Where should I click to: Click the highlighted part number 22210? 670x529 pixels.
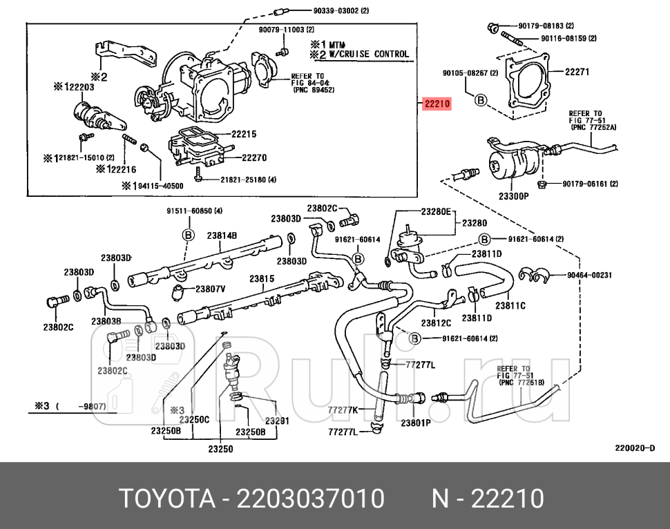pos(437,104)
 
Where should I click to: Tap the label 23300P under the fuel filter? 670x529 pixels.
pos(513,196)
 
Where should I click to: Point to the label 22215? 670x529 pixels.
pos(244,134)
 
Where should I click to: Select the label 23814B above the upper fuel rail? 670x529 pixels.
pos(222,235)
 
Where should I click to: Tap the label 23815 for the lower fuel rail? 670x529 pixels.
pos(262,278)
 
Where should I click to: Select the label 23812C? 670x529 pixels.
pos(436,323)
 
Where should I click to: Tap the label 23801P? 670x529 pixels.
pos(416,422)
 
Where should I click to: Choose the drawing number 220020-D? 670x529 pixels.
pos(635,448)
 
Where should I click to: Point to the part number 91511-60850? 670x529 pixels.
pos(193,211)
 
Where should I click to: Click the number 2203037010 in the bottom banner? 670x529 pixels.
pos(310,498)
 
